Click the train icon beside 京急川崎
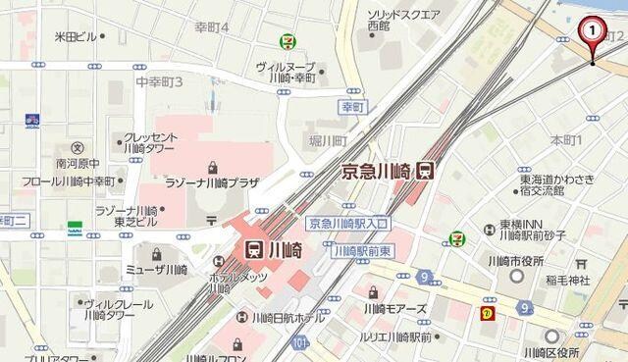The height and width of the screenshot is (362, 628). click(425, 170)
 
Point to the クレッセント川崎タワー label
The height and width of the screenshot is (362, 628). click(149, 143)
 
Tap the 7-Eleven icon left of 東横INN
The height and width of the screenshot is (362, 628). click(456, 237)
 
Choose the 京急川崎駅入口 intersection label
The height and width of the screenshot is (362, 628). click(347, 224)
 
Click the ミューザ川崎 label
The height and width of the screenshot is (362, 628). click(162, 270)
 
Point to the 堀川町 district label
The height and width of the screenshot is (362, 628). click(327, 140)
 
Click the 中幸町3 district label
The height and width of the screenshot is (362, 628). click(160, 80)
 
